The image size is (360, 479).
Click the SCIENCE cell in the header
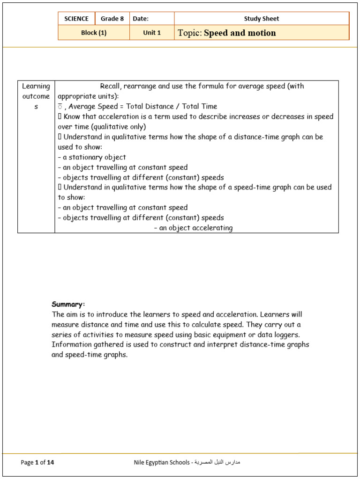[x=76, y=19]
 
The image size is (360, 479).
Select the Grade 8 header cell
[x=112, y=19]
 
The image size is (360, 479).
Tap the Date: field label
[x=141, y=19]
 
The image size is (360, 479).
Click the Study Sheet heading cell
[x=261, y=19]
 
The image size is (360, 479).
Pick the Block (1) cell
[x=94, y=33]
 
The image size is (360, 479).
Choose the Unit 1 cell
[x=152, y=33]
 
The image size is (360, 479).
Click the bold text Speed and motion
[x=240, y=33]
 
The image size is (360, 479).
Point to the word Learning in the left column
[x=36, y=86]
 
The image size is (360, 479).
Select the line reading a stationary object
[x=92, y=157]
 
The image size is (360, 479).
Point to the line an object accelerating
[x=193, y=228]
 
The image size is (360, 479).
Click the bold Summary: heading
[x=68, y=304]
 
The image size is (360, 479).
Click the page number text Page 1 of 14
[x=37, y=463]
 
